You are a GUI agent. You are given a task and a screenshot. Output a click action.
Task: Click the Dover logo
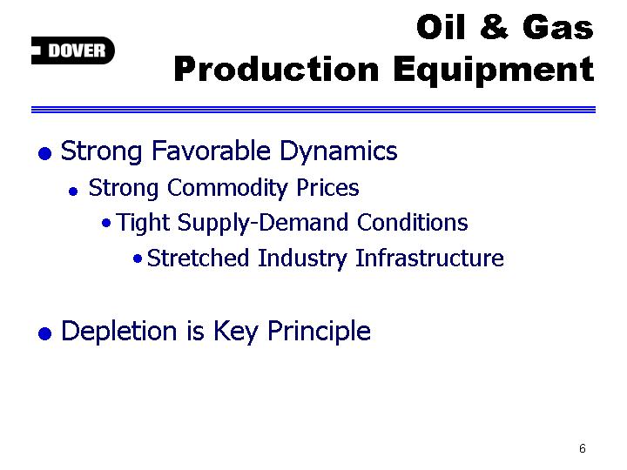click(73, 50)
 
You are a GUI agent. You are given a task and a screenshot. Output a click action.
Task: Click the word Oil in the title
click(442, 27)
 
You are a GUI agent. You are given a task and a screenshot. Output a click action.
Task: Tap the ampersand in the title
click(494, 27)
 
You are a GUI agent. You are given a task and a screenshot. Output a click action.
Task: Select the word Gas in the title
click(558, 27)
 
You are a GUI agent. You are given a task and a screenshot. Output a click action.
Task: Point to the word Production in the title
click(276, 69)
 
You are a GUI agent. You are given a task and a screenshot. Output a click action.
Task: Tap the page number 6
click(583, 448)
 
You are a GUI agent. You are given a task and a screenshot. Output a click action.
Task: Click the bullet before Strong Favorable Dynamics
click(44, 153)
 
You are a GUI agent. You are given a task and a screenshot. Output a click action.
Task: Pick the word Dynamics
click(338, 152)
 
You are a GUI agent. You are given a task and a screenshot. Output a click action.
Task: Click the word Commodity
click(227, 189)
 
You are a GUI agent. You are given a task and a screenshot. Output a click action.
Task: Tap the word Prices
click(327, 187)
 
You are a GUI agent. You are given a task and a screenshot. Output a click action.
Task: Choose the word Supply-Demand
click(263, 223)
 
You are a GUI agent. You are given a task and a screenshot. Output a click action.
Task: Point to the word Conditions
click(412, 222)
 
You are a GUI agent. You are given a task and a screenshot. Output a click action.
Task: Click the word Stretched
click(198, 258)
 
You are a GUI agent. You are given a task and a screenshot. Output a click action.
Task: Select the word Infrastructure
click(429, 258)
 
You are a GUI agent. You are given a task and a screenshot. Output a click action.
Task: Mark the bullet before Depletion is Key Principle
click(44, 333)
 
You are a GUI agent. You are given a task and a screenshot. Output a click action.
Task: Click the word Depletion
click(118, 331)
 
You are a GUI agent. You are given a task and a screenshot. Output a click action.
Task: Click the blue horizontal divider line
click(313, 110)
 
